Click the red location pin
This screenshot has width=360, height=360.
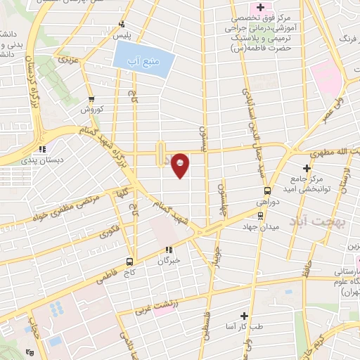[181, 165]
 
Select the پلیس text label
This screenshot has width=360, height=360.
[124, 34]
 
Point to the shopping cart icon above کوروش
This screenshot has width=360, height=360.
[91, 100]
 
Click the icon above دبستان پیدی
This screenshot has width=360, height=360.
[42, 149]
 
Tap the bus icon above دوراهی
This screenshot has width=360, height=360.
[267, 191]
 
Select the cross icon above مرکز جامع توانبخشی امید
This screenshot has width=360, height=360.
[307, 167]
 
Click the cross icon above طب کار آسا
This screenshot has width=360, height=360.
[245, 316]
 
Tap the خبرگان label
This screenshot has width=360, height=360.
[169, 259]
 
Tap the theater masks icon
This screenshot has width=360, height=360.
[28, 352]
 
